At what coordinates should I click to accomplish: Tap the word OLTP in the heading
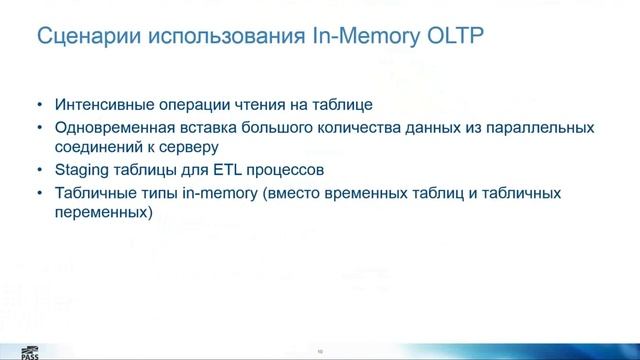(455, 38)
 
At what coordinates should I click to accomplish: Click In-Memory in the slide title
(352, 38)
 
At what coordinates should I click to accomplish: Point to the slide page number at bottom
(320, 351)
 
